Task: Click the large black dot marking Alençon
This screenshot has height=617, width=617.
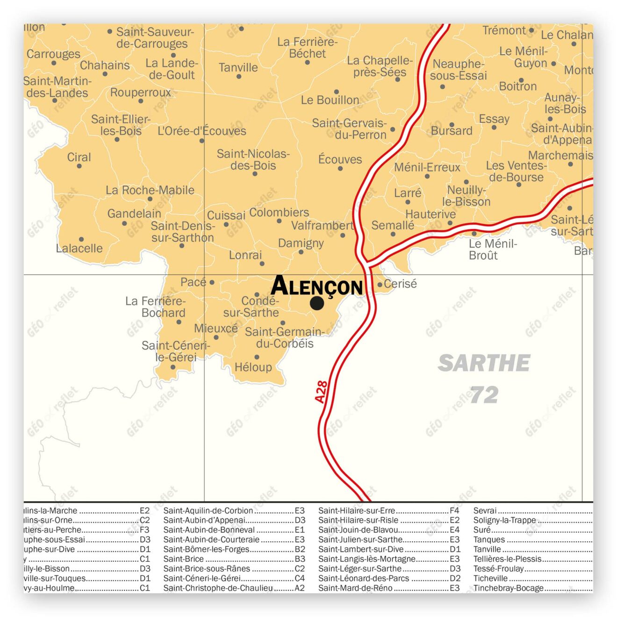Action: point(317,303)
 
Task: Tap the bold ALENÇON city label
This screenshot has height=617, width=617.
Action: point(317,286)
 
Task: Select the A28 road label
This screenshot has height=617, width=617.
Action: point(321,392)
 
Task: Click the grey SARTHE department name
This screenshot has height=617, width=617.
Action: point(484,363)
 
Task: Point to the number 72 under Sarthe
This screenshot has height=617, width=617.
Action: point(484,395)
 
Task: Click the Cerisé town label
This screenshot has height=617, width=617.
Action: point(400,284)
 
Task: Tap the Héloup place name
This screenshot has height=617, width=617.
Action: point(253,367)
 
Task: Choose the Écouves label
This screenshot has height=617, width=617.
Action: point(340,159)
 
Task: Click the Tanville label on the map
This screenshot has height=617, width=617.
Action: point(238,68)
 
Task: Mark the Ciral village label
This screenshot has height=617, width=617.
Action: point(79,158)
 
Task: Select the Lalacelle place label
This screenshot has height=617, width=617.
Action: point(79,248)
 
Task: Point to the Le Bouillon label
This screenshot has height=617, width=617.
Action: point(330,100)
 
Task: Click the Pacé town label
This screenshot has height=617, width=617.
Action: point(193,282)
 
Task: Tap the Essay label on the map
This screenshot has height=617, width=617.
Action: point(494,119)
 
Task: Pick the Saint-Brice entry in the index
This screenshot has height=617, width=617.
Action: point(184,559)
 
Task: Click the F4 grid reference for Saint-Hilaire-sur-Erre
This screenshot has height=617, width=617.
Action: point(454,510)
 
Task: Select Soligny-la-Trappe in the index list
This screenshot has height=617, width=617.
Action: point(504,520)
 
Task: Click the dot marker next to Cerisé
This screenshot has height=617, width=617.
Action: point(380,284)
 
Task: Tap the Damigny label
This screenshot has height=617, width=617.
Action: point(301,243)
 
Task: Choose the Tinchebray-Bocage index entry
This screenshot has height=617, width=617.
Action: point(508,588)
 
